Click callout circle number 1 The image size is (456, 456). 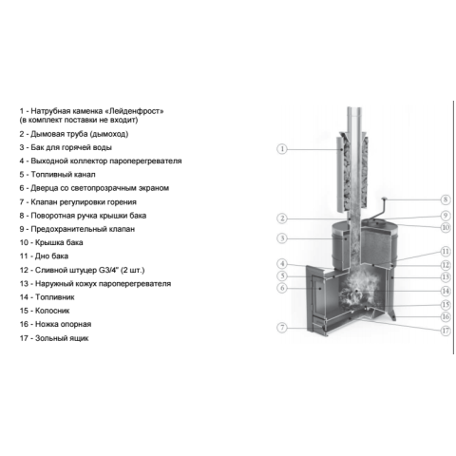coord(282,149)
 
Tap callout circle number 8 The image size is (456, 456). coord(446,199)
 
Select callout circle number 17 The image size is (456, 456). coord(446,331)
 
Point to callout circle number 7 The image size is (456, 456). coord(282,328)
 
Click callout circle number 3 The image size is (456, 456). coord(282,238)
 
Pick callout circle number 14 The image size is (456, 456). coord(446,291)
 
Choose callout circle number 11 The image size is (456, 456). coord(446,252)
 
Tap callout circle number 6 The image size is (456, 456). coord(282,288)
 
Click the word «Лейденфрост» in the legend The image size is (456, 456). coord(136,111)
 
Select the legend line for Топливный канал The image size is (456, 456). coord(57,175)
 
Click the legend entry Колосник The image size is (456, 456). coord(45,311)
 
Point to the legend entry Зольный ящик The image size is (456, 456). coord(54,338)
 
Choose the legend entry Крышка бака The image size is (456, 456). coord(51,242)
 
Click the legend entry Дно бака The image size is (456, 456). coord(44,256)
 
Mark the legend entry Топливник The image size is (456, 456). coord(47,297)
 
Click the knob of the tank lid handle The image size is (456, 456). coord(385,199)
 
